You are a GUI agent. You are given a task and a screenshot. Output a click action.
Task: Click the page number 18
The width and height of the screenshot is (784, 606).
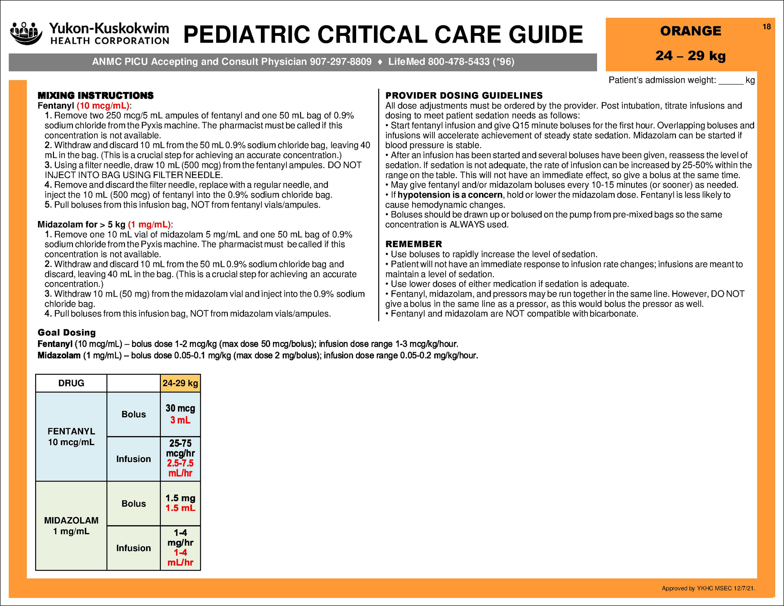(767, 27)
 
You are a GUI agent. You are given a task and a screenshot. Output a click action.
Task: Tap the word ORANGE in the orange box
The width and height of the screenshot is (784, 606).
(690, 31)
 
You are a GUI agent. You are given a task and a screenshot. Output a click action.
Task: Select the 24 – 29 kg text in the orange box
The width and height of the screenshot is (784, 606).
(690, 56)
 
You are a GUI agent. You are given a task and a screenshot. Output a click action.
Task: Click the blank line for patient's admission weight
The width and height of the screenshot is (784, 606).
(730, 81)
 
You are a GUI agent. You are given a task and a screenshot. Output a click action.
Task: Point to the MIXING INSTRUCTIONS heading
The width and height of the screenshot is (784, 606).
(96, 96)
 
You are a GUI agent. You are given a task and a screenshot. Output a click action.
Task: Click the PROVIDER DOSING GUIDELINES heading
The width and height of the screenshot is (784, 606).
(464, 96)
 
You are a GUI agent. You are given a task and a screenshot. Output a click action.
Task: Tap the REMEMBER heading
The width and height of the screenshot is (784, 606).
(413, 244)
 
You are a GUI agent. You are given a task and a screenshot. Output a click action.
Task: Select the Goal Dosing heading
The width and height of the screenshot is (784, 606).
(67, 333)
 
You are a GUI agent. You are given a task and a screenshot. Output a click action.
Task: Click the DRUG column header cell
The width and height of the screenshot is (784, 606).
(71, 383)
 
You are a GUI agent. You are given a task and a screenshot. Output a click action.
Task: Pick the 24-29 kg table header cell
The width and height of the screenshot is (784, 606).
(180, 383)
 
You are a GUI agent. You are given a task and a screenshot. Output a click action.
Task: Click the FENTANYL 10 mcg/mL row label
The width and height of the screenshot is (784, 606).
(71, 437)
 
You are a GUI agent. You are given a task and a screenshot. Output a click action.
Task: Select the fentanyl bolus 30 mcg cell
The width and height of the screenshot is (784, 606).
(180, 414)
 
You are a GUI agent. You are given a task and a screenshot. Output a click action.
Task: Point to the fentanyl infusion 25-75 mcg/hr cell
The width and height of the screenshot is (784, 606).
(180, 458)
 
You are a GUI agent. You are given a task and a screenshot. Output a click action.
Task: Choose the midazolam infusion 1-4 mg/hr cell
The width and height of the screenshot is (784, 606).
(180, 547)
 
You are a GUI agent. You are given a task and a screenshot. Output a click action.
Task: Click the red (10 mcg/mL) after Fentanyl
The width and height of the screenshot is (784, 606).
(103, 106)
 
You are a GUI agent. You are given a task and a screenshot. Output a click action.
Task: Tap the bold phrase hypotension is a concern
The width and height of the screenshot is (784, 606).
(450, 195)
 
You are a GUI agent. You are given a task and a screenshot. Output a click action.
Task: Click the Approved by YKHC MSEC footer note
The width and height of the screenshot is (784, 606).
(708, 588)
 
